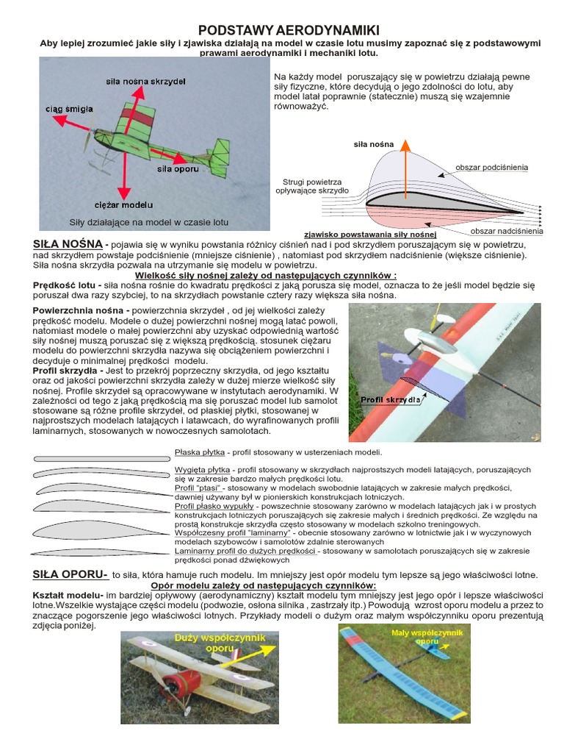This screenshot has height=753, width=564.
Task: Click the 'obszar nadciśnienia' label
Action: pyautogui.click(x=506, y=231)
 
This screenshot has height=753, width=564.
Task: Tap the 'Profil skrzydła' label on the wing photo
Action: pyautogui.click(x=390, y=400)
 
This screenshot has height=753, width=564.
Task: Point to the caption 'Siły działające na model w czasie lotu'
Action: pyautogui.click(x=149, y=221)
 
